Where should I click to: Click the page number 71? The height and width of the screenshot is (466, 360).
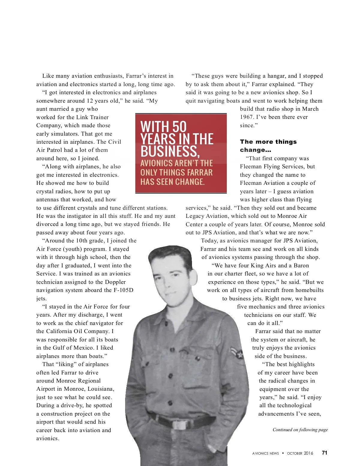point(324,453)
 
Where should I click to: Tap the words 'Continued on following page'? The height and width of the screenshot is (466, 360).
point(300,430)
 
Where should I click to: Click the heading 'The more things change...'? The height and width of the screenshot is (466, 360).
point(268,146)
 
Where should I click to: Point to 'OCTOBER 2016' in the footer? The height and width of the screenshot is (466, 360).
point(300,453)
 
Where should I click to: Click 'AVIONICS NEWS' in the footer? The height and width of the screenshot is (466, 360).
point(265,453)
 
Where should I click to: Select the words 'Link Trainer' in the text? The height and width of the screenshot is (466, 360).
point(93,117)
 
